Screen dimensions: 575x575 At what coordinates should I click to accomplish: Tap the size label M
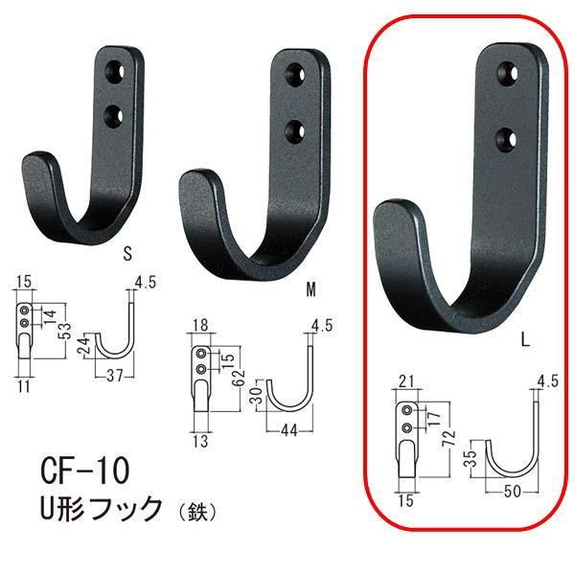click(x=311, y=287)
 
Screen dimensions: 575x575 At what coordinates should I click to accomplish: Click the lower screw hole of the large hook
click(x=504, y=142)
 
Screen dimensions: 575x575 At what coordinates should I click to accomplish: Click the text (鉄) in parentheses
click(x=196, y=511)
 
